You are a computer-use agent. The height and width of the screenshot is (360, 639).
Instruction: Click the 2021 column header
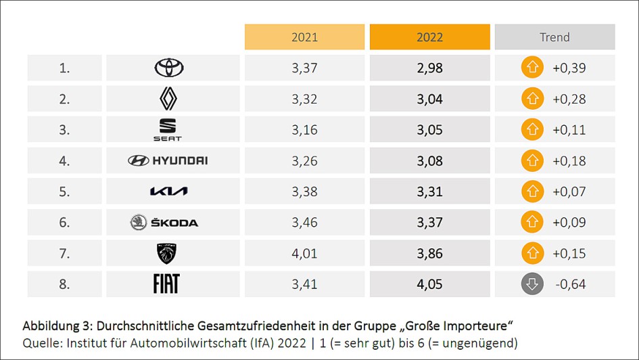tap(304, 37)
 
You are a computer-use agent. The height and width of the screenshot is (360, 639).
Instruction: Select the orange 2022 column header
tap(429, 37)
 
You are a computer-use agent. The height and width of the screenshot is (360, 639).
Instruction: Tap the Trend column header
tap(554, 37)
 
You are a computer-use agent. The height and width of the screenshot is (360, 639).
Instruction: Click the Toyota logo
tap(169, 68)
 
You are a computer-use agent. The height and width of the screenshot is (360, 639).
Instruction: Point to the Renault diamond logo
tap(168, 99)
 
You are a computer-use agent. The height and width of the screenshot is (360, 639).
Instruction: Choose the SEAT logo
tap(166, 129)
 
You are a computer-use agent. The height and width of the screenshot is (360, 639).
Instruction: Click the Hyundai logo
tap(168, 160)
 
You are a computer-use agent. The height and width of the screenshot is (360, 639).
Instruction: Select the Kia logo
tap(168, 192)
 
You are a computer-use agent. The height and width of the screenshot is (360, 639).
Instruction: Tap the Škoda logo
tap(164, 222)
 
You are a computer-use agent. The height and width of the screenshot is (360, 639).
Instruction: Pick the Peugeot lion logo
tap(166, 253)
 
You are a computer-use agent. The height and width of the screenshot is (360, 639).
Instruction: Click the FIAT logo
tap(166, 284)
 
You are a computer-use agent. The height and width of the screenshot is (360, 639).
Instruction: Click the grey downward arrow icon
tap(532, 284)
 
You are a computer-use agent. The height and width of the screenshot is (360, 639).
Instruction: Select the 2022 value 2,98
tap(429, 68)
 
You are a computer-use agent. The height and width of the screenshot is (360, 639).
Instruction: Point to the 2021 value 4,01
tap(304, 253)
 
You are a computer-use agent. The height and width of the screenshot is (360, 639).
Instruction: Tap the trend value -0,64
tap(570, 284)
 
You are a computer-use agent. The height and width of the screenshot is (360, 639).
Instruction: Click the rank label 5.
tap(64, 192)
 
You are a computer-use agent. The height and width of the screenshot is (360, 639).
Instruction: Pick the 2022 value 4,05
tap(429, 284)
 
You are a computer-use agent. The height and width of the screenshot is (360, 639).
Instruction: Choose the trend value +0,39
tap(569, 68)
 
